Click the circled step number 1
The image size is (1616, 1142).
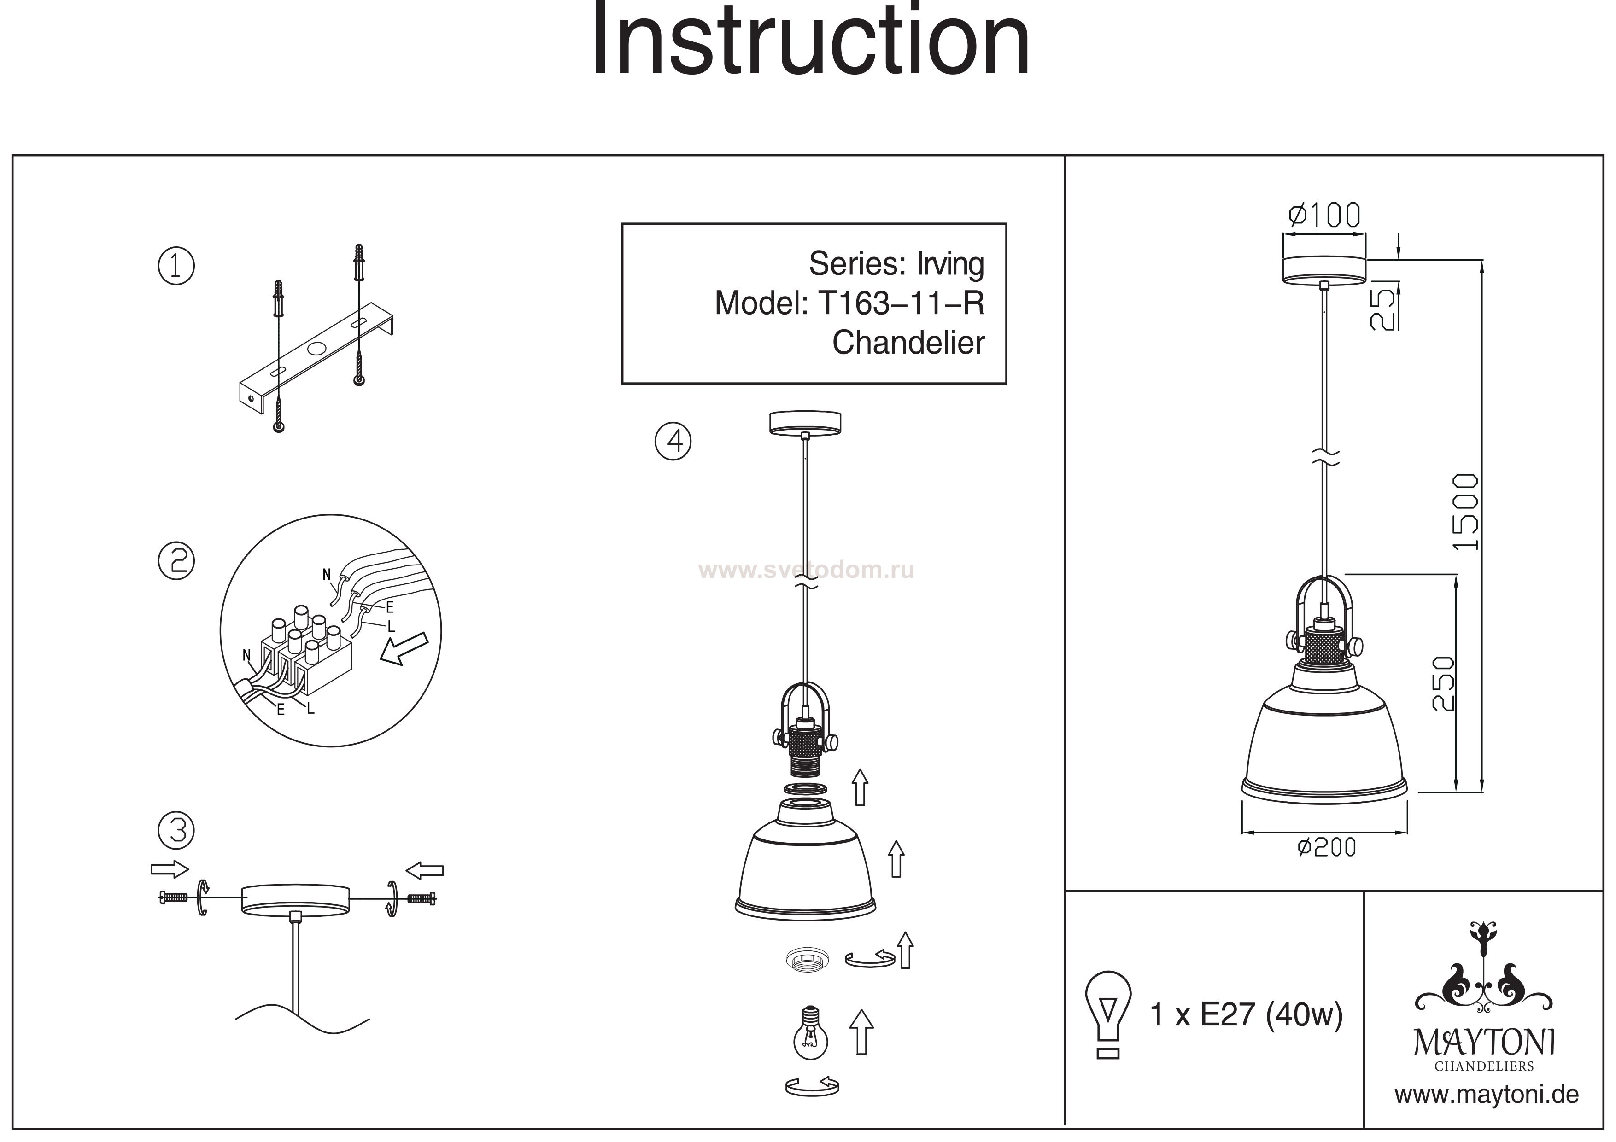(x=176, y=266)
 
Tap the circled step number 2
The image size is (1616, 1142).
(x=176, y=561)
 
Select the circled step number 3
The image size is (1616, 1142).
(x=176, y=830)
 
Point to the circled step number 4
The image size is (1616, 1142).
(x=673, y=441)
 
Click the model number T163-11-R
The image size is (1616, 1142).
(x=901, y=303)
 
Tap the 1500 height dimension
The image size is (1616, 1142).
(x=1467, y=512)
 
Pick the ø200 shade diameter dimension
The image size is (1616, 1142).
(x=1327, y=847)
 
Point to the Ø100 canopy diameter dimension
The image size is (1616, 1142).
(x=1324, y=216)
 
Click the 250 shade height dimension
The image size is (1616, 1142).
(x=1443, y=684)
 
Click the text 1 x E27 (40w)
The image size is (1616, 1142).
(x=1246, y=1014)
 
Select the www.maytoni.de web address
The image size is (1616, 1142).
(x=1487, y=1095)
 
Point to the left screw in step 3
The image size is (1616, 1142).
(x=172, y=897)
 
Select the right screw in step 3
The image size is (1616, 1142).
(x=421, y=898)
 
